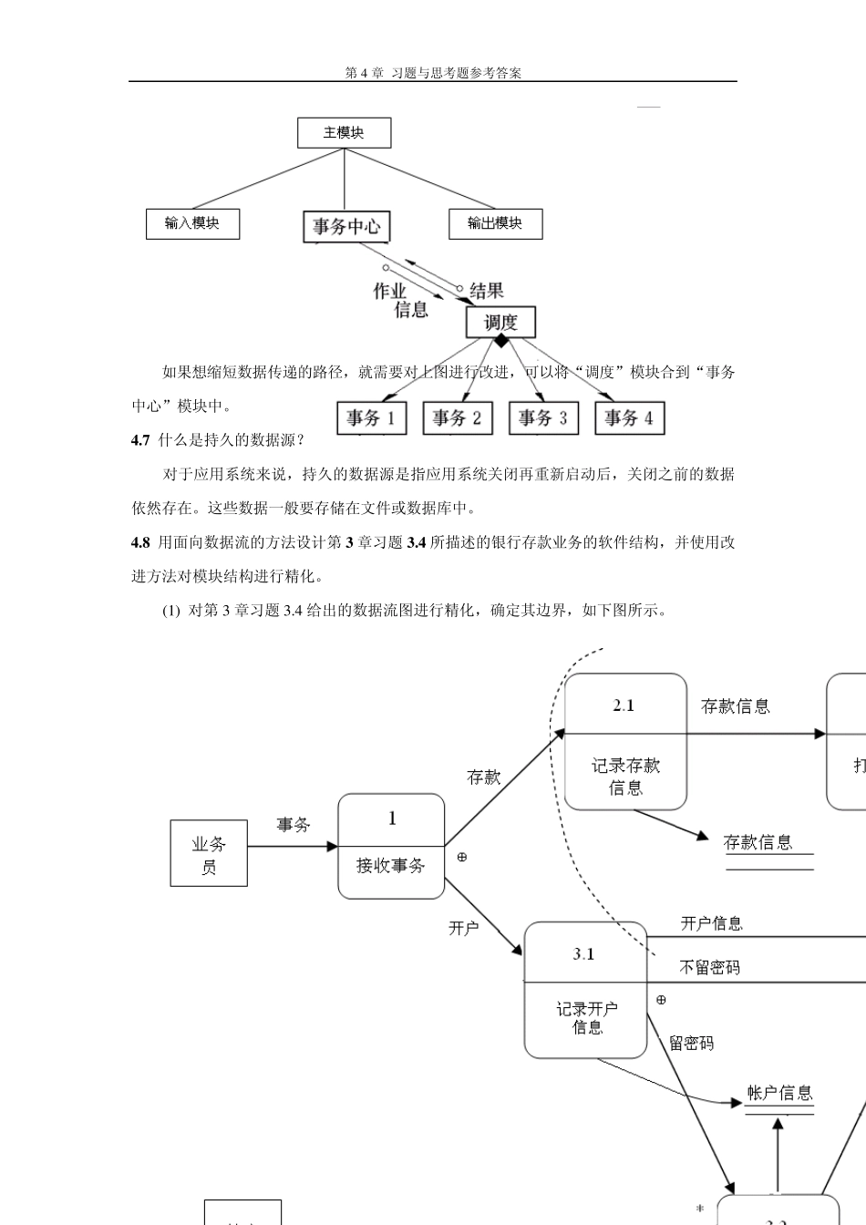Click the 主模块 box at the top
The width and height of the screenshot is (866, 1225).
pyautogui.click(x=344, y=133)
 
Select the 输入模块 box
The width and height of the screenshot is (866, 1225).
pyautogui.click(x=192, y=223)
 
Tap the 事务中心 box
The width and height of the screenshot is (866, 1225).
pyautogui.click(x=346, y=227)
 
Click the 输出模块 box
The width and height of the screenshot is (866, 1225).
pyautogui.click(x=495, y=223)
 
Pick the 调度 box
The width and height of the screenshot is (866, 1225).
pyautogui.click(x=500, y=322)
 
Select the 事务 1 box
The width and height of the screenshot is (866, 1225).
pyautogui.click(x=371, y=418)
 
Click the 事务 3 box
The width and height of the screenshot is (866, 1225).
pyautogui.click(x=542, y=418)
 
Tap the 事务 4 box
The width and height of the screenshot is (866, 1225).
pyautogui.click(x=629, y=418)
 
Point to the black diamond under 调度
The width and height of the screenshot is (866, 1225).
pyautogui.click(x=500, y=341)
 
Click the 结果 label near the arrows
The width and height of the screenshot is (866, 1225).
pyautogui.click(x=487, y=291)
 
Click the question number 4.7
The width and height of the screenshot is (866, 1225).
pyautogui.click(x=140, y=440)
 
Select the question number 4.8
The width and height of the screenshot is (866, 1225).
pyautogui.click(x=140, y=542)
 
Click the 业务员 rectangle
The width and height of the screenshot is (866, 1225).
pyautogui.click(x=209, y=853)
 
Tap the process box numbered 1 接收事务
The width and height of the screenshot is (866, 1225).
pyautogui.click(x=391, y=846)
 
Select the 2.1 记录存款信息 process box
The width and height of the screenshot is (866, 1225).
pyautogui.click(x=625, y=742)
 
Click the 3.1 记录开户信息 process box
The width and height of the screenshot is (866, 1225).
pyautogui.click(x=585, y=990)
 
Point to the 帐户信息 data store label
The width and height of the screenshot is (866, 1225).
pyautogui.click(x=779, y=1093)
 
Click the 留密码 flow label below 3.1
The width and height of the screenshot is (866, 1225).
pyautogui.click(x=691, y=1043)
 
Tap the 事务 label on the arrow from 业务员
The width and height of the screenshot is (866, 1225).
pyautogui.click(x=294, y=825)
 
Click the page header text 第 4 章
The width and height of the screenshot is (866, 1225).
pyautogui.click(x=365, y=73)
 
